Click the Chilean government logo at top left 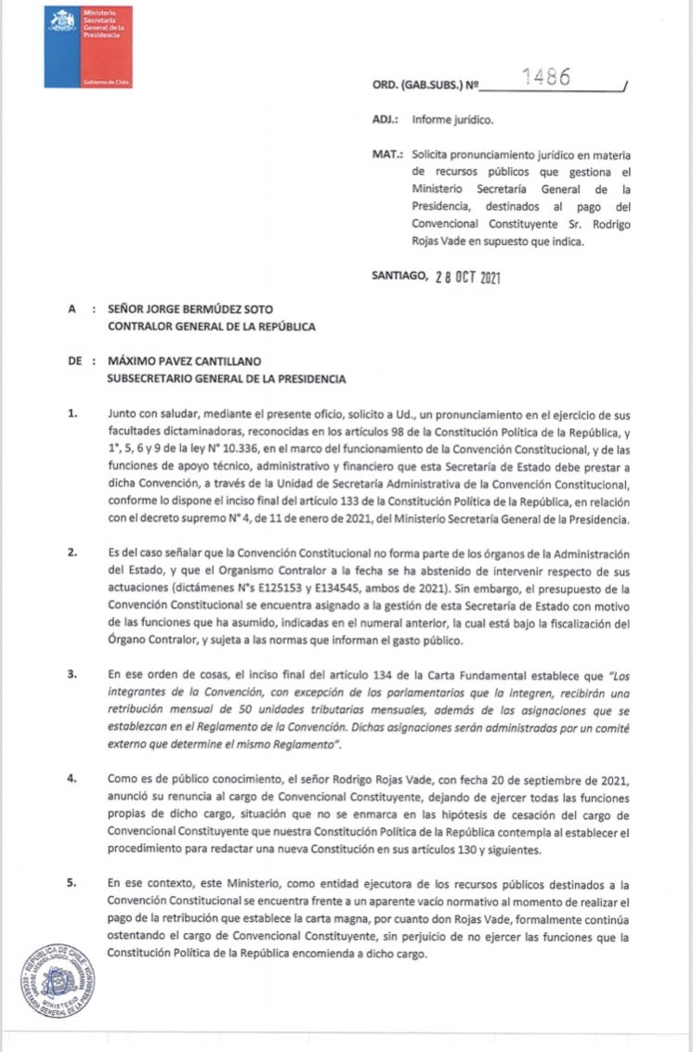tap(88, 46)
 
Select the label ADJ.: tap(385, 120)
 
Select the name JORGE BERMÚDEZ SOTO tap(210, 309)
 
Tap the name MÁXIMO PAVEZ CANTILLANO tap(196, 362)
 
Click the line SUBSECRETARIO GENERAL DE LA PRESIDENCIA tap(227, 379)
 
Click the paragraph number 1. tap(72, 413)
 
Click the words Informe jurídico tap(453, 120)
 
